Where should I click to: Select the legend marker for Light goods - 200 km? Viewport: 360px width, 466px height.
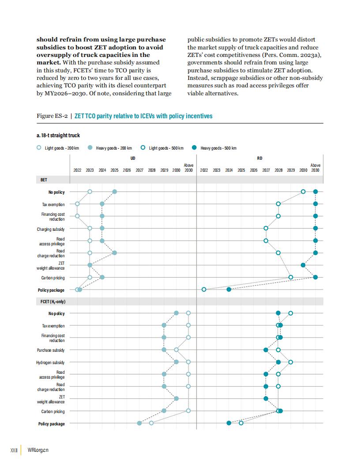coord(39,147)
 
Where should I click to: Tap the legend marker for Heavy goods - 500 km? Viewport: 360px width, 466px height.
coord(194,147)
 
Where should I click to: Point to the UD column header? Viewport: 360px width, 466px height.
coord(133,158)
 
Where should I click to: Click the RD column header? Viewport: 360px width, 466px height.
coord(259,158)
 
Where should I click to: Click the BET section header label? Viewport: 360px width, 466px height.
coord(44,180)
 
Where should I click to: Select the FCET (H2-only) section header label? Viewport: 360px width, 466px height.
coord(53,302)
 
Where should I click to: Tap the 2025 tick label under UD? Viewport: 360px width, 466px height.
coord(114,170)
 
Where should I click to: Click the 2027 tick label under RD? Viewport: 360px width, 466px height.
coord(266,170)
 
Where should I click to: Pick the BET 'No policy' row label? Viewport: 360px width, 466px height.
coord(56,192)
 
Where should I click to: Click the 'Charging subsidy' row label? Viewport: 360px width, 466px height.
coord(50,229)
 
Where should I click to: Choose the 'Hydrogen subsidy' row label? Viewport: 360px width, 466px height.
coord(50,363)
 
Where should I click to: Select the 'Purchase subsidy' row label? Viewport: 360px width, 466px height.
coord(50,350)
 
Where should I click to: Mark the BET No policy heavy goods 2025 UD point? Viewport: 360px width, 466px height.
coord(115,192)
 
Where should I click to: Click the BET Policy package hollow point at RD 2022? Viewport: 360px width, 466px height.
coord(204,289)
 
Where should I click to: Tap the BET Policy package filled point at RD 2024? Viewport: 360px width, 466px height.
coord(229,289)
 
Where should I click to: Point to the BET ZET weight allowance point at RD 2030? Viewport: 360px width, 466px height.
coord(303,265)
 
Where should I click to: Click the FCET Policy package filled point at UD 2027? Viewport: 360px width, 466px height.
coord(139,423)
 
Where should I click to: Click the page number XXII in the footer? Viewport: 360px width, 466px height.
coord(14,450)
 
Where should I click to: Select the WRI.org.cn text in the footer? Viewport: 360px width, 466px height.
coord(38,450)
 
